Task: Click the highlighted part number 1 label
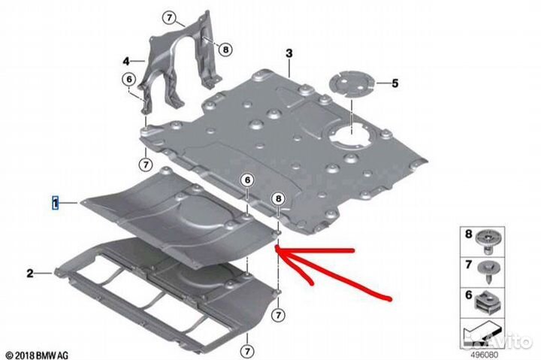(x=55, y=203)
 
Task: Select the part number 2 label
(x=30, y=274)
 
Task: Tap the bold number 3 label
(x=289, y=53)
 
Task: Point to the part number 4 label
(x=126, y=62)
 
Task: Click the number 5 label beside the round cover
(x=395, y=83)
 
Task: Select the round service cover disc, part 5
(x=351, y=85)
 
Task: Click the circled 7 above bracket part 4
(x=169, y=17)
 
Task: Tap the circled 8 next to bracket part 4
(x=225, y=50)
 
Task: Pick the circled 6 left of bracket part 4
(x=129, y=80)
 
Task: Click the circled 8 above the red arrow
(x=279, y=198)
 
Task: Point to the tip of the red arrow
(x=276, y=247)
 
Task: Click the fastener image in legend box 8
(x=487, y=241)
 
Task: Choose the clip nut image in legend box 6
(x=487, y=301)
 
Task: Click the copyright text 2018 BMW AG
(x=37, y=355)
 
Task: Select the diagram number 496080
(x=484, y=355)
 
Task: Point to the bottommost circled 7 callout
(x=247, y=352)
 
